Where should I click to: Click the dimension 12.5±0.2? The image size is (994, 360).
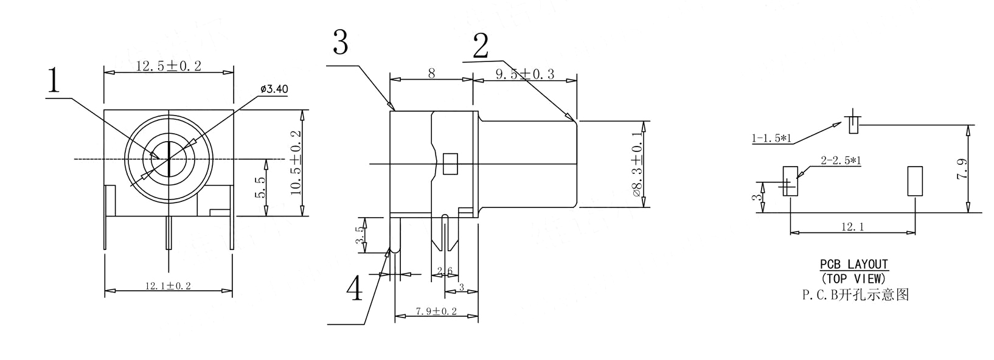(x=169, y=66)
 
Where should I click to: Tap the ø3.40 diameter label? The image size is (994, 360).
(x=274, y=89)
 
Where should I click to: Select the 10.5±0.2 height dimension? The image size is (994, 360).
(x=296, y=163)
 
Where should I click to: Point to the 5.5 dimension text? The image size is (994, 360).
(x=261, y=187)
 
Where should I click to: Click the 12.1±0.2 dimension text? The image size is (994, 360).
(x=168, y=286)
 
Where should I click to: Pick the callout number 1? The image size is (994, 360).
(x=54, y=80)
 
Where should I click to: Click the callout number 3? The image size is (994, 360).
(x=340, y=42)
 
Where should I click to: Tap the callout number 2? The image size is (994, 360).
(x=481, y=46)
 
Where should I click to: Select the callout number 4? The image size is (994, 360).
(x=355, y=288)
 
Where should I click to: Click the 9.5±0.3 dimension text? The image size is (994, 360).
(x=525, y=74)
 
